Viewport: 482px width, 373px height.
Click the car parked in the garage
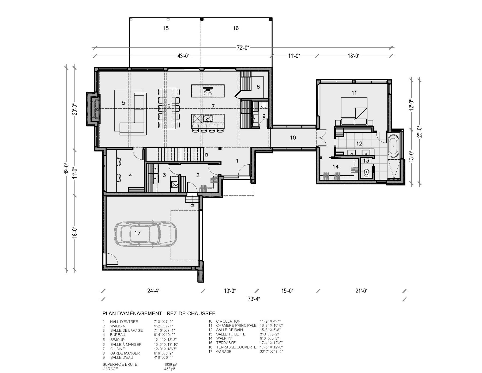[145, 233]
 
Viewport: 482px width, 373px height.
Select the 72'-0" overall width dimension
[243, 48]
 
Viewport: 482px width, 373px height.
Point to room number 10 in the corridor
[293, 138]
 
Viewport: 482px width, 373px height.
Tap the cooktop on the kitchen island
[208, 92]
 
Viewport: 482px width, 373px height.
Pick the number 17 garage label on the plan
[137, 233]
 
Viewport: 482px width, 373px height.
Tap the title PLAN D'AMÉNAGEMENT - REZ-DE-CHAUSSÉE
[159, 313]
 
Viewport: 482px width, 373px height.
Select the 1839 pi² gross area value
[171, 364]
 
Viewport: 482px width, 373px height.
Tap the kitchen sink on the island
[208, 119]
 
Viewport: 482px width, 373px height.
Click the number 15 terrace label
[166, 28]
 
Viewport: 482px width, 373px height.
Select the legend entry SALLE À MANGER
[126, 344]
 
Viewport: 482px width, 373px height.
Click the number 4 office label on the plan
[130, 175]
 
